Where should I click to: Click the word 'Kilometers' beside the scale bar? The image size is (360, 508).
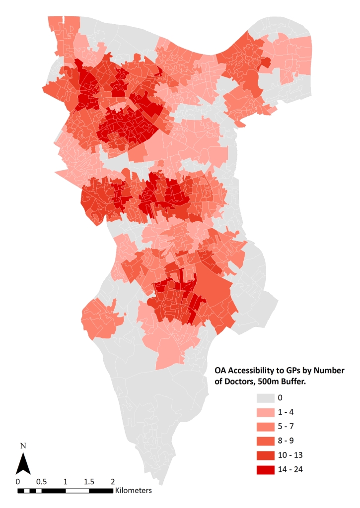pos(133,491)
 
